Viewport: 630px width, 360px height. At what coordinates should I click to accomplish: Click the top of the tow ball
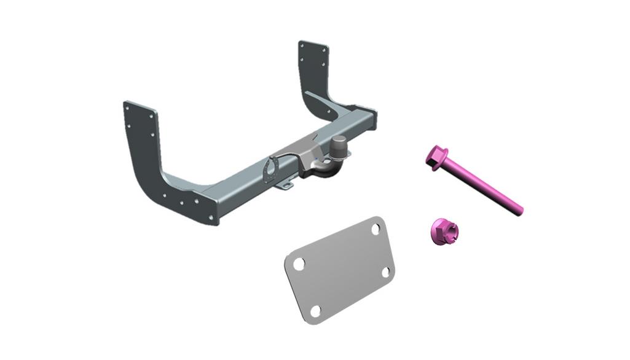(339, 140)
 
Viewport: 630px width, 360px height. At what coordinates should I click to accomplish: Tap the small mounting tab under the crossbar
(284, 185)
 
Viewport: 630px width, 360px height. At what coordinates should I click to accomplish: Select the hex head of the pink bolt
(436, 157)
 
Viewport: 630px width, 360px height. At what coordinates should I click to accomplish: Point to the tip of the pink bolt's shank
(519, 211)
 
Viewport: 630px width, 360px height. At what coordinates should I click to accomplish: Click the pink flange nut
(441, 232)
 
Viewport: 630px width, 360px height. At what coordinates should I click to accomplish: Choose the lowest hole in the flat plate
(315, 310)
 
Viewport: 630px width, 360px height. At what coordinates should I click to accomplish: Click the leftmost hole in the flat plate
(299, 264)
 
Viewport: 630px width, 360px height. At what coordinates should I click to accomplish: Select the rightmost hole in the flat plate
(387, 272)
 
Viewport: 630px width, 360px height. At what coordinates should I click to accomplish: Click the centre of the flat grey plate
(339, 269)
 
